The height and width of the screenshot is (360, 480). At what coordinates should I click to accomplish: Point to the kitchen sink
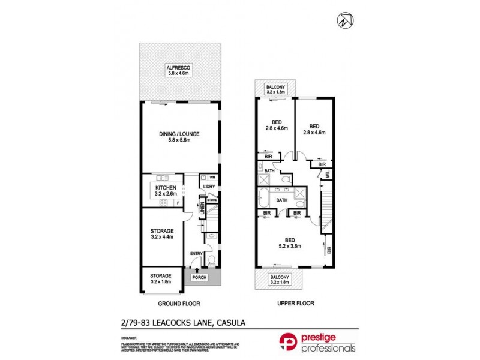click(x=160, y=178)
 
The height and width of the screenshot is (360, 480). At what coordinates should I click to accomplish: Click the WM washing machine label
click(x=212, y=178)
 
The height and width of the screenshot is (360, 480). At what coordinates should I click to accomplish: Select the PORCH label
click(x=199, y=277)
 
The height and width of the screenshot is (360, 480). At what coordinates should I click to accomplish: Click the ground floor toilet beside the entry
click(x=211, y=260)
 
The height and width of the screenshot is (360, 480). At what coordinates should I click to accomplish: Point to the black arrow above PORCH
click(x=198, y=271)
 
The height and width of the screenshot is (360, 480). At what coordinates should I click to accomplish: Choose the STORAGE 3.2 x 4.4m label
click(x=161, y=233)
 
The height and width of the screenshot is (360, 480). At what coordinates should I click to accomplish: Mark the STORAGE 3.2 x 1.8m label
click(x=160, y=278)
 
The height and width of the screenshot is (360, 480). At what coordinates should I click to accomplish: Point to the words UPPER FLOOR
click(x=296, y=304)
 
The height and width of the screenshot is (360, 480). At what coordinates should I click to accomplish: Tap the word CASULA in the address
click(x=232, y=324)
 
